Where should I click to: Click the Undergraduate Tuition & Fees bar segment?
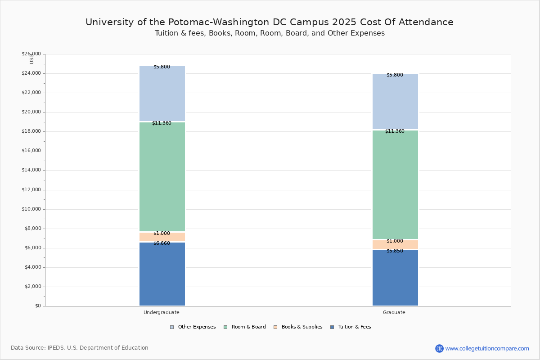click(x=162, y=274)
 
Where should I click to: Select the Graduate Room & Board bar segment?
click(x=395, y=184)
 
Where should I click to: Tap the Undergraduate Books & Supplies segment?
click(x=162, y=237)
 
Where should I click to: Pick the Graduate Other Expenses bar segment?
click(x=395, y=102)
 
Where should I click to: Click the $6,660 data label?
click(x=162, y=243)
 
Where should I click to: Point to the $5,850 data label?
click(x=395, y=251)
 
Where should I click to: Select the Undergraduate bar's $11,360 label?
click(x=162, y=123)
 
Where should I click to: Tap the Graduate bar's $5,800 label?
click(x=395, y=75)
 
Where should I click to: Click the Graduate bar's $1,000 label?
click(x=395, y=241)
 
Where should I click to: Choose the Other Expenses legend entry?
click(x=193, y=327)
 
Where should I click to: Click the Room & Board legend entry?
click(x=245, y=327)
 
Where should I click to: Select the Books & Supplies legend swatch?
click(x=275, y=327)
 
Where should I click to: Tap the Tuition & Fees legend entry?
click(x=351, y=327)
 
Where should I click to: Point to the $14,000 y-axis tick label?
click(x=31, y=170)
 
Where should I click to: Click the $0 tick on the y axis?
click(x=38, y=306)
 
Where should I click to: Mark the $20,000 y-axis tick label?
click(x=31, y=112)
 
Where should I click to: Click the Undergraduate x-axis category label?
click(x=162, y=312)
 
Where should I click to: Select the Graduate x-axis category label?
click(x=394, y=312)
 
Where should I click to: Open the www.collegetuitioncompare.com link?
click(x=487, y=348)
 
